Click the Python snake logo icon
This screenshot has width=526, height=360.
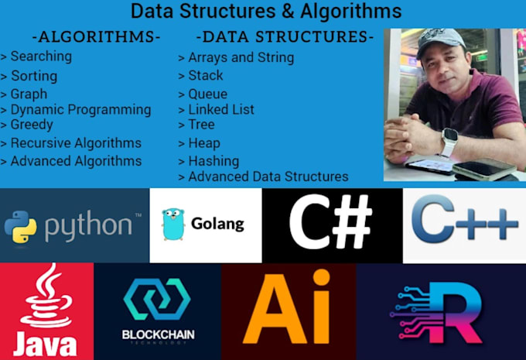pos(21,227)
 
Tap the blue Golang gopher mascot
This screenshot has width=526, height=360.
pos(173,224)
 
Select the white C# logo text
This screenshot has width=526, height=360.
pos(331,222)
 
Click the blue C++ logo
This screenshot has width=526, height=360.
pos(465,219)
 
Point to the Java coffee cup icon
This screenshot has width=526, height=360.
pos(46,296)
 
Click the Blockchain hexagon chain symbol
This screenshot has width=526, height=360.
pos(157,299)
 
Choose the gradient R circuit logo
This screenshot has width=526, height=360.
pos(436,312)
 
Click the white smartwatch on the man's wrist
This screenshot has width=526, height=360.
pos(449,142)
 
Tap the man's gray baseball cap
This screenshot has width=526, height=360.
pos(439,41)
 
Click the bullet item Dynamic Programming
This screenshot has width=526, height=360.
pos(76,110)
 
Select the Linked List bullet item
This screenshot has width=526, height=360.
pos(217,109)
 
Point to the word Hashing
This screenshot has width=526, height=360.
pos(213,161)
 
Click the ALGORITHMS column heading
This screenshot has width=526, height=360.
pos(96,36)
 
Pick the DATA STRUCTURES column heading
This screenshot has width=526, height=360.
pos(285,36)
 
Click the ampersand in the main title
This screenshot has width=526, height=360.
pos(288,11)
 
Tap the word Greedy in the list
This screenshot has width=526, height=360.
pos(32,125)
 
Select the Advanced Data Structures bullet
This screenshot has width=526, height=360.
pos(263,177)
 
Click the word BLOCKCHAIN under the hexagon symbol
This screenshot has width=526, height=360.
pos(159,334)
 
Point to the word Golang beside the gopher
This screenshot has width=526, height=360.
pos(217,224)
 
